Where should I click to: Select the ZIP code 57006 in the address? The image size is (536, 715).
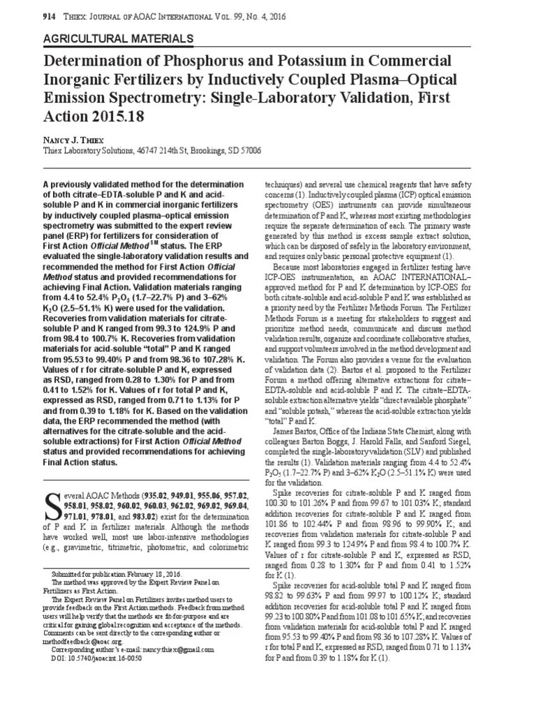[248, 150]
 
